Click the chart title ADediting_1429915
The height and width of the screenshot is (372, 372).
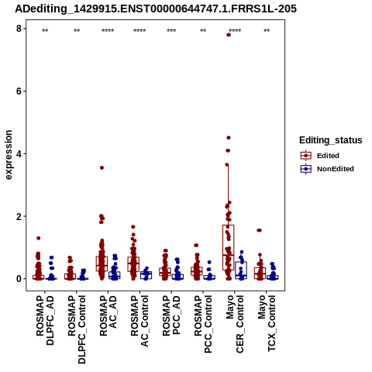point(156,9)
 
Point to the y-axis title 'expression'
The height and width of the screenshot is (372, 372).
point(9,155)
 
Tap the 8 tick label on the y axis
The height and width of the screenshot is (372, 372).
point(19,29)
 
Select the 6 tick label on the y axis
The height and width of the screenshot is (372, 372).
point(19,91)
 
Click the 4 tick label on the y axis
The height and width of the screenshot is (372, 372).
point(19,153)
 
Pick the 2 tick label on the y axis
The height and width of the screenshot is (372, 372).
point(19,216)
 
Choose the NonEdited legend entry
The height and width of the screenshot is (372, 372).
point(327,169)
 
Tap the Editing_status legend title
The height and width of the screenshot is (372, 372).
point(331,140)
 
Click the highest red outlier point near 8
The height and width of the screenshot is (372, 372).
point(229,35)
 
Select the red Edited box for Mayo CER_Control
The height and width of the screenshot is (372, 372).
point(229,247)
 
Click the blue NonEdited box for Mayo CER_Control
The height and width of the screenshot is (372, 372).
point(241,270)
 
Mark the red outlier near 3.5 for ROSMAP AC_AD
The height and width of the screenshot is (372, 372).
point(102,168)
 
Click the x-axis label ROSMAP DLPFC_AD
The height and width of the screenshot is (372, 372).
point(45,321)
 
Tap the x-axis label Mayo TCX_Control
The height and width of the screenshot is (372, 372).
point(267,323)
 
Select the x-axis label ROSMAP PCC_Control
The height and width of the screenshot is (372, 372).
point(203,324)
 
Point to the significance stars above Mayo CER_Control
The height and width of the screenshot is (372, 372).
point(235,31)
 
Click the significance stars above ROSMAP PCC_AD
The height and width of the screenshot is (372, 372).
point(171,31)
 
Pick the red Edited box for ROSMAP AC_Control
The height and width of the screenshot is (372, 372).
point(133,264)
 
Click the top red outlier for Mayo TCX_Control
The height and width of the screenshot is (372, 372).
point(259,230)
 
